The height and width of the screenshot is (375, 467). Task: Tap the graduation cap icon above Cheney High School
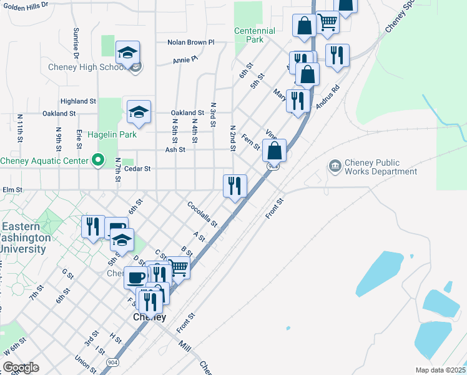(127, 53)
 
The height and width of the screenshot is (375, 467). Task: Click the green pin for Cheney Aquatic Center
(97, 161)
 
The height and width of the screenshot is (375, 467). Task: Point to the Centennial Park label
(255, 35)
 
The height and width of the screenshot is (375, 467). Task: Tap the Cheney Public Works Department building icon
(335, 165)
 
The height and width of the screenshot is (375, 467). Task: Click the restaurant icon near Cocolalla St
(235, 186)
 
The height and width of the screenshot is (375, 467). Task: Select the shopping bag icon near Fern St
(274, 151)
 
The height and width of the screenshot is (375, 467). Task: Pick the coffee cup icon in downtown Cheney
(136, 277)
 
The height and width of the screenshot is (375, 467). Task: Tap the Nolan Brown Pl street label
(190, 42)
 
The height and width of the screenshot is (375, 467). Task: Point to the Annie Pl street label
(185, 60)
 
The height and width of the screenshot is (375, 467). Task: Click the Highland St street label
(78, 101)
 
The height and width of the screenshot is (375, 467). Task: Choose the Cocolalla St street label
(202, 214)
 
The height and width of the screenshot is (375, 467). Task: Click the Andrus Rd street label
(327, 97)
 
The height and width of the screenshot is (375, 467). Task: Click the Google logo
(20, 367)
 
